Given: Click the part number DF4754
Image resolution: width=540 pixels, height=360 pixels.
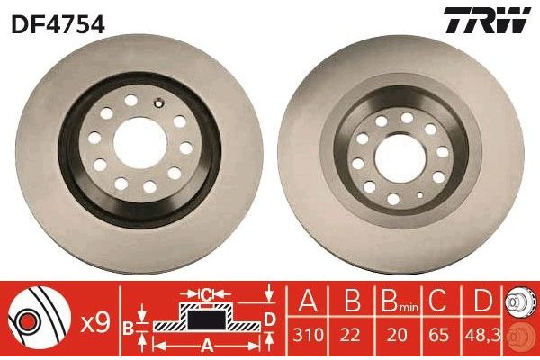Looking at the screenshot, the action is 58,24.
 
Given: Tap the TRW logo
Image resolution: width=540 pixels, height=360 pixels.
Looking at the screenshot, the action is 487,20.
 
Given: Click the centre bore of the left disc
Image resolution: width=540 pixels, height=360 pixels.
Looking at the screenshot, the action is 140,143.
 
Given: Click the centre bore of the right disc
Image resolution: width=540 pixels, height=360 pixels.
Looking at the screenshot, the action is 400,158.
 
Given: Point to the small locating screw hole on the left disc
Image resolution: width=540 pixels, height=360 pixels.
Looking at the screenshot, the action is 159,103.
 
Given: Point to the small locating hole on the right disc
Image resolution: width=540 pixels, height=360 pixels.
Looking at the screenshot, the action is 419,195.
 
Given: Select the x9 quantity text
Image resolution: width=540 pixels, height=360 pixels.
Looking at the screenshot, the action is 95,323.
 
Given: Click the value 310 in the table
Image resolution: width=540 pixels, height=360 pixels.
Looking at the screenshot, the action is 308,335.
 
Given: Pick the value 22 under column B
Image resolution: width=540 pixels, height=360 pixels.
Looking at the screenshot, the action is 350,335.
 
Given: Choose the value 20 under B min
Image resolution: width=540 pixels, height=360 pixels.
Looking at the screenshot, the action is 396,335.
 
